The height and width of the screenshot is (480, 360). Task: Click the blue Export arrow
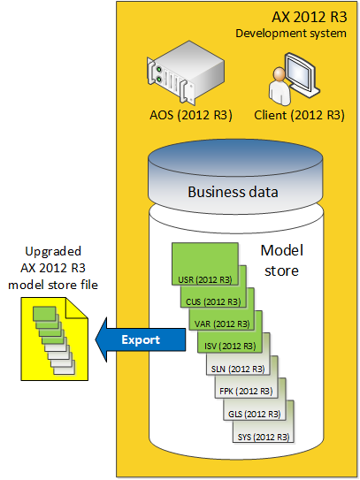[141, 339]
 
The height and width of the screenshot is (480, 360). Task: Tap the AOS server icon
[186, 72]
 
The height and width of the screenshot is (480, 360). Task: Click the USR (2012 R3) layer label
[205, 280]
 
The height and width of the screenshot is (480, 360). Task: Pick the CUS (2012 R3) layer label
[213, 301]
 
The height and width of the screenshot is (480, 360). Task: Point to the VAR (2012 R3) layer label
[222, 324]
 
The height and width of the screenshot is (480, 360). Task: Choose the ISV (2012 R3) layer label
[230, 347]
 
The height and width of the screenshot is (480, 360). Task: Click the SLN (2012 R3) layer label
[238, 369]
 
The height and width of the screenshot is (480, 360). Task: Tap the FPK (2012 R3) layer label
[246, 392]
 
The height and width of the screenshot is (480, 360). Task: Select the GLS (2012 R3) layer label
[255, 415]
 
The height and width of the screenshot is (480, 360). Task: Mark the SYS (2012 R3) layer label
[264, 437]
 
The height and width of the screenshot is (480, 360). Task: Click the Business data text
[233, 192]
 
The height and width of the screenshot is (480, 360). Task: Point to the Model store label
[282, 261]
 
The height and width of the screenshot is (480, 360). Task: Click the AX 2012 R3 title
[310, 17]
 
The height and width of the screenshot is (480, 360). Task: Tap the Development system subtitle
[291, 34]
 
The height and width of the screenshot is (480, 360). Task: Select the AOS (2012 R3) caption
[191, 115]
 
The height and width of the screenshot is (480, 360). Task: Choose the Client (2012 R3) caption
[299, 115]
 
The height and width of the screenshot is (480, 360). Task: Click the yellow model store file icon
[55, 339]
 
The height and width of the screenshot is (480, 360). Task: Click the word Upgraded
[53, 252]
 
